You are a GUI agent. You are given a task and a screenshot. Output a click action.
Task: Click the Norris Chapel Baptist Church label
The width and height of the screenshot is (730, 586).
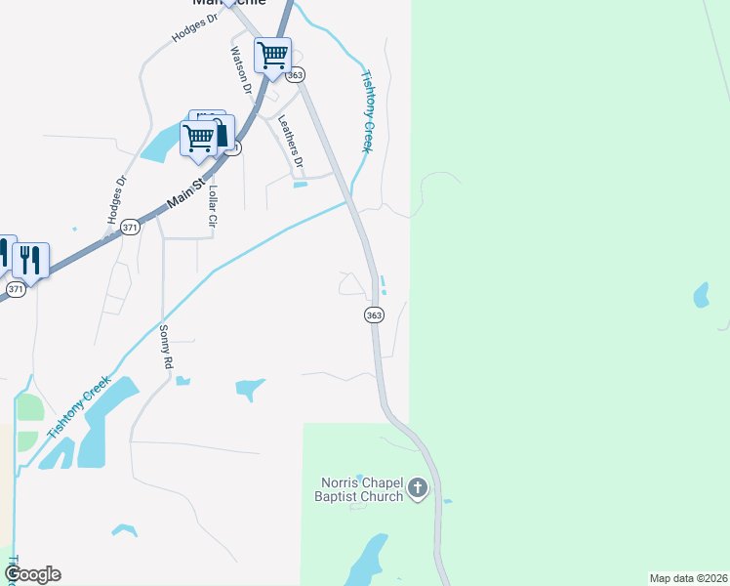pos(362,489)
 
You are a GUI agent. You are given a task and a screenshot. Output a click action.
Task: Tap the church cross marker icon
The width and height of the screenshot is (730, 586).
pos(418,487)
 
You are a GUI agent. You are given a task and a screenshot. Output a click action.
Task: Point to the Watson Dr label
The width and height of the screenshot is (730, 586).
pos(241,70)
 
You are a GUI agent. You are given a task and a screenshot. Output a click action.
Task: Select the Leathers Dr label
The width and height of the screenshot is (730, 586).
pos(291,141)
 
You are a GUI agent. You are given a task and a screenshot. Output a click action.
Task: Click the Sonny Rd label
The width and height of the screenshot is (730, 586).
pos(166,346)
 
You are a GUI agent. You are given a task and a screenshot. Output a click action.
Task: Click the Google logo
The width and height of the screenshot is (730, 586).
pos(32,574)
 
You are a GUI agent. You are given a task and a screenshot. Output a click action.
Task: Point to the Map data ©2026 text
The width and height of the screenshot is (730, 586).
pos(688,578)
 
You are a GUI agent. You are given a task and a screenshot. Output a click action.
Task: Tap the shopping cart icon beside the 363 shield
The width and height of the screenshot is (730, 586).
pos(273,55)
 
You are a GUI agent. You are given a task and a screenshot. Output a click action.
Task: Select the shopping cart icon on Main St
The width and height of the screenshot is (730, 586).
pos(199,139)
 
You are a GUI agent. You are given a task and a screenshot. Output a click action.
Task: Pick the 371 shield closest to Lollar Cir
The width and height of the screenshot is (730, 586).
pos(131,228)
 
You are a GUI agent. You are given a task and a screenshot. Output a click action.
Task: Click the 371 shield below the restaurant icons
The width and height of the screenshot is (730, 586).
pos(16,290)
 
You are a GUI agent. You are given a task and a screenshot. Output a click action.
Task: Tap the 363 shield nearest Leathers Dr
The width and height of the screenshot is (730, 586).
pos(297,75)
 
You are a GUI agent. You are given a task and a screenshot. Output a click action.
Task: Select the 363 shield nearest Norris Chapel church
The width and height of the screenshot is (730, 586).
pos(374,314)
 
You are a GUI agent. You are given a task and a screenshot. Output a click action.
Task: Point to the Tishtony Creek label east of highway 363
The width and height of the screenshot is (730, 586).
pos(368,109)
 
